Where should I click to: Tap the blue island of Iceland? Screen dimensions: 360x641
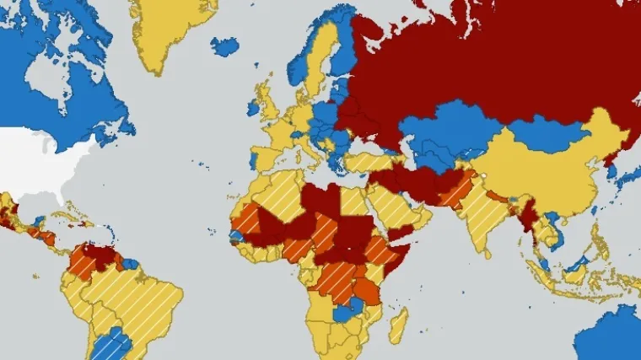pos(225,46)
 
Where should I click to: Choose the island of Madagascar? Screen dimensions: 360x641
pos(396,325)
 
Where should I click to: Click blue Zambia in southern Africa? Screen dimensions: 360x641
pos(347,314)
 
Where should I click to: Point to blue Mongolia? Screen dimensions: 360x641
pos(548,135)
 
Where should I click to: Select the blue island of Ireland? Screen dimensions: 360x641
pos(252,108)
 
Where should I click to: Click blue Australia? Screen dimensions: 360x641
pos(611,337)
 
